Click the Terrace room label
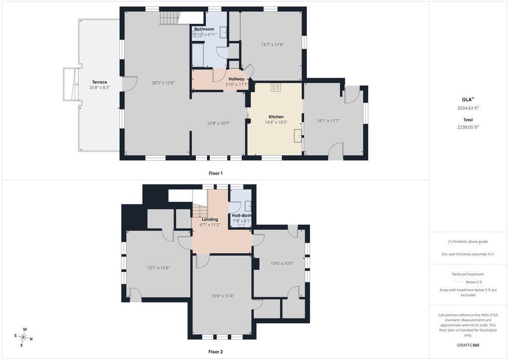[99, 82]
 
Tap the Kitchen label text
[276, 117]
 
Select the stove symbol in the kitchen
[275, 87]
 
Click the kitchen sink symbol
[298, 135]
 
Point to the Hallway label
[236, 79]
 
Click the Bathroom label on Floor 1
[204, 29]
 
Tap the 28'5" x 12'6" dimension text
[163, 83]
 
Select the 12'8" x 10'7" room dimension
[219, 123]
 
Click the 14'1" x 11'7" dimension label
[328, 121]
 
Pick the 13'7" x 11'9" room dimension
[272, 45]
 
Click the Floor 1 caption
[216, 174]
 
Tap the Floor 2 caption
[216, 352]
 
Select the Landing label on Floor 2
[210, 219]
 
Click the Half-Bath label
[242, 215]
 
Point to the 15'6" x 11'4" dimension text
[223, 296]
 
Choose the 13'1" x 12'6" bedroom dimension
[159, 268]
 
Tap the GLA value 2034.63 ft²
[468, 108]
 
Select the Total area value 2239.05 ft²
[468, 127]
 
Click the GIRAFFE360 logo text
[468, 345]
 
